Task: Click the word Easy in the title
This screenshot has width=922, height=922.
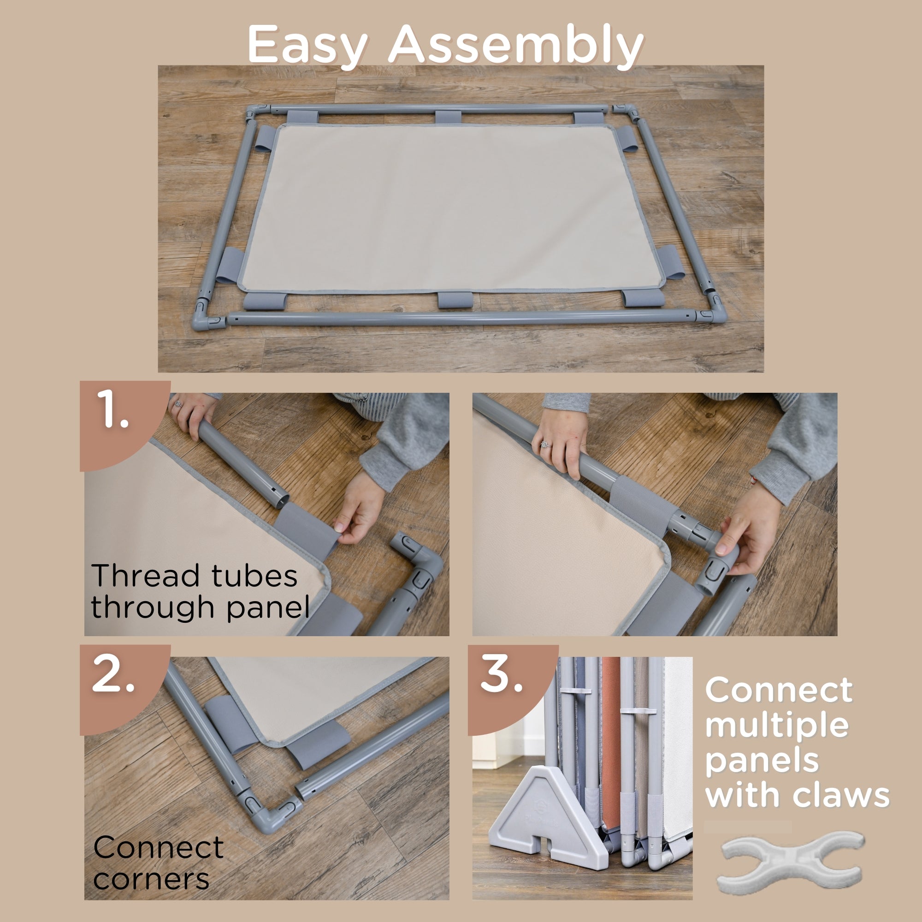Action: [x=307, y=46]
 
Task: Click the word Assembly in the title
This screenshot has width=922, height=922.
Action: [x=515, y=46]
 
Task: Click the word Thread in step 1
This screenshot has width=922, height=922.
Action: [x=145, y=575]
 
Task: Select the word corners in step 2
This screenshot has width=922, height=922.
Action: [x=151, y=879]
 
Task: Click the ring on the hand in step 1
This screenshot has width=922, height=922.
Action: [x=178, y=405]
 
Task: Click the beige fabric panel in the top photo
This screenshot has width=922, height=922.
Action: [x=451, y=207]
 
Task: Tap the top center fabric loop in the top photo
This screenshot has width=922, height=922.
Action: [x=448, y=118]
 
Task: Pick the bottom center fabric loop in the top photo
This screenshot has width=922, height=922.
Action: [x=455, y=300]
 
